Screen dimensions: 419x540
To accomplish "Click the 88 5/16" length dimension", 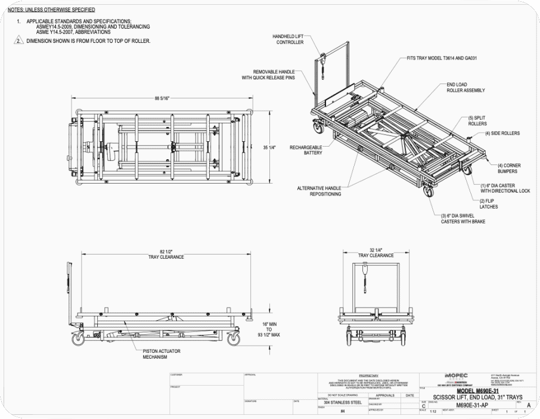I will (x=162, y=98).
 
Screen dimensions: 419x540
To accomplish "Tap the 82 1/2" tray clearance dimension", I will (x=166, y=254).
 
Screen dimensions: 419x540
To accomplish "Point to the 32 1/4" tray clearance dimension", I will (x=375, y=253).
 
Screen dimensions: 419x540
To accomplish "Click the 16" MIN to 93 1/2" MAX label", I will (x=269, y=329).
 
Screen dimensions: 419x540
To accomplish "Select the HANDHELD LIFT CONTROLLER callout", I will (x=288, y=39).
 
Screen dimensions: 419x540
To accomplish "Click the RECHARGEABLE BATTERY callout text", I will (x=306, y=150).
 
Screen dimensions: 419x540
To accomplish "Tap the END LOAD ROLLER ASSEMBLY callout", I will (x=465, y=88).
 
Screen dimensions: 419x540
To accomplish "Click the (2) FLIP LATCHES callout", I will (x=489, y=204).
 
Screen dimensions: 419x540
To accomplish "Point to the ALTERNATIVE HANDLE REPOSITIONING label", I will (x=319, y=191).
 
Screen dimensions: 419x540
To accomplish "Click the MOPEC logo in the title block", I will (x=456, y=375).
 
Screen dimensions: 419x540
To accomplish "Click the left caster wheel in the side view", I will (x=78, y=339).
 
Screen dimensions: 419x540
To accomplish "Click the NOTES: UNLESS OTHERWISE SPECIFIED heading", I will (x=51, y=10).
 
